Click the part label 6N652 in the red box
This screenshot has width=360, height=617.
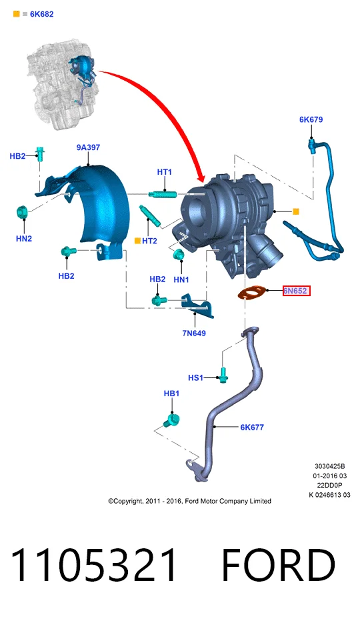tap(296, 291)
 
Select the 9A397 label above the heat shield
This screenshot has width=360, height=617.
tap(88, 147)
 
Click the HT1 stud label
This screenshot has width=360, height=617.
tap(165, 172)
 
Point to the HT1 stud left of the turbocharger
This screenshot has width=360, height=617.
tap(163, 193)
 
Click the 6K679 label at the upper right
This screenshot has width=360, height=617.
tap(311, 119)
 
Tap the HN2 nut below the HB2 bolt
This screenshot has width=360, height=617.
tap(21, 212)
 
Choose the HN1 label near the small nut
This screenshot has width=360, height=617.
tap(181, 279)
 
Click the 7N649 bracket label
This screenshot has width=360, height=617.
tap(194, 334)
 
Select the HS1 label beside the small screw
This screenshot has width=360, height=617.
tap(195, 378)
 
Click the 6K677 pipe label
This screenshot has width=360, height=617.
tap(252, 427)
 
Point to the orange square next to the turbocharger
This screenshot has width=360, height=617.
tap(296, 211)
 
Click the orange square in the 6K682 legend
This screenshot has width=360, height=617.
tap(17, 14)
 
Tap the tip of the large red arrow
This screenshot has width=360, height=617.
tap(203, 182)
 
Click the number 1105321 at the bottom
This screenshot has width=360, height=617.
tap(93, 564)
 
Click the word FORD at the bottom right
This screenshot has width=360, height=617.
tap(278, 564)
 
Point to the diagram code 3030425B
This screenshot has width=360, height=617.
tap(330, 466)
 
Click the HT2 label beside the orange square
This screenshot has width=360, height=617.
tap(149, 241)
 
